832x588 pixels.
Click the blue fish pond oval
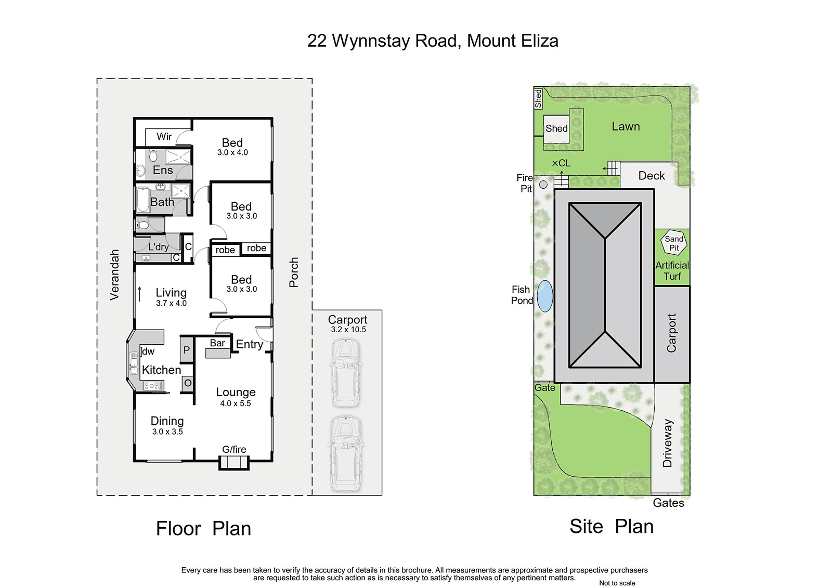coord(545,296)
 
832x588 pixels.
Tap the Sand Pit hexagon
coord(674,243)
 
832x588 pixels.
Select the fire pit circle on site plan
coord(543,184)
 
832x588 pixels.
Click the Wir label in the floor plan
coord(164,136)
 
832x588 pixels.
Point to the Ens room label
coord(163,170)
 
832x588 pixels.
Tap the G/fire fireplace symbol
coord(234,463)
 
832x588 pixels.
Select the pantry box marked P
coord(187,349)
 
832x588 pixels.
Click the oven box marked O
coord(188,383)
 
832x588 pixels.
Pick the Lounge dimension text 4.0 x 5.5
coord(236,403)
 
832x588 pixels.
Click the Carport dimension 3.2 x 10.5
coord(348,329)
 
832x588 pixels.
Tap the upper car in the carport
coord(345,373)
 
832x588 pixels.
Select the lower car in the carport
coord(345,453)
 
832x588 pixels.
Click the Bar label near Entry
coord(217,343)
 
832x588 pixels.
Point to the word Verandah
coord(114,275)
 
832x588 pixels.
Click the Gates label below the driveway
coord(668,503)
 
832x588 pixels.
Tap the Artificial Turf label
coord(672,270)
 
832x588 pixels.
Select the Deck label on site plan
coord(652,176)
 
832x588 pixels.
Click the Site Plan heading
coord(612,526)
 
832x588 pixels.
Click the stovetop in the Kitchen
coord(153,386)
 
